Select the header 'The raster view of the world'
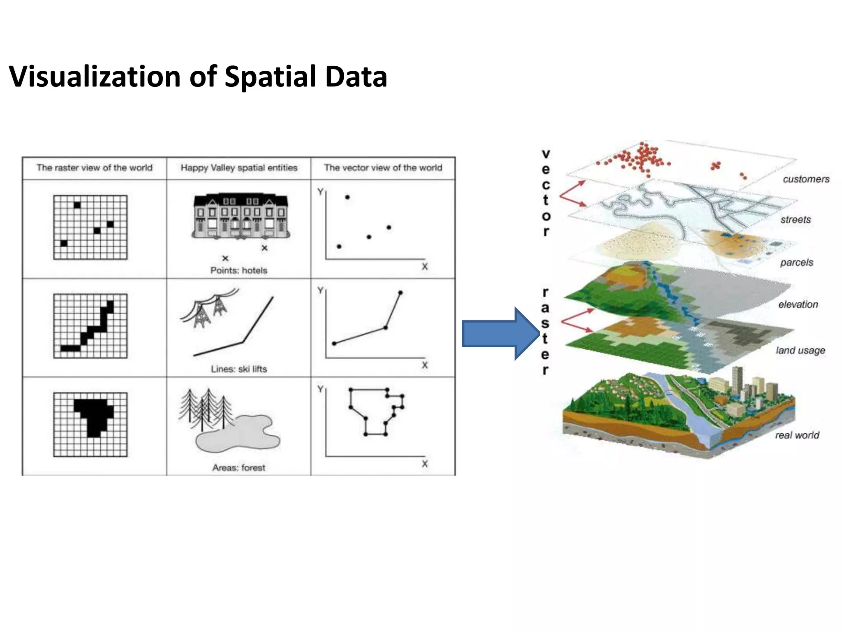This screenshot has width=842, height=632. (x=95, y=168)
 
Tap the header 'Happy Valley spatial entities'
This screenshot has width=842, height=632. (x=239, y=168)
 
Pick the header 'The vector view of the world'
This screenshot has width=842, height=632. (x=383, y=168)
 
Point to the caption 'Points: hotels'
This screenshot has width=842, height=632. (x=238, y=270)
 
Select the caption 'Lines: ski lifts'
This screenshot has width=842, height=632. (x=238, y=369)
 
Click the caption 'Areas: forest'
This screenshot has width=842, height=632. (x=238, y=468)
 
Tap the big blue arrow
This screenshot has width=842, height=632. (x=500, y=334)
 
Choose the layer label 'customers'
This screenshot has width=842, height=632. (x=806, y=179)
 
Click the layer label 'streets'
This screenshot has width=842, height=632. (x=796, y=220)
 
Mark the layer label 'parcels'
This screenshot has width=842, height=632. (x=796, y=263)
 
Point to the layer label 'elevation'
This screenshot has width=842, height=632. (x=798, y=304)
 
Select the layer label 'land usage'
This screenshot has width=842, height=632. (x=800, y=351)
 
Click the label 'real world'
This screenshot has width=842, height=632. (x=797, y=435)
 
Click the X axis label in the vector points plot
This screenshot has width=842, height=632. (x=425, y=267)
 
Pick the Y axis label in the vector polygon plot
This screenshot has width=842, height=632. (x=320, y=389)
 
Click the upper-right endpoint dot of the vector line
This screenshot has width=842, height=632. (x=400, y=293)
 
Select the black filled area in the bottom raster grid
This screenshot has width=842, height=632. (x=94, y=414)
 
